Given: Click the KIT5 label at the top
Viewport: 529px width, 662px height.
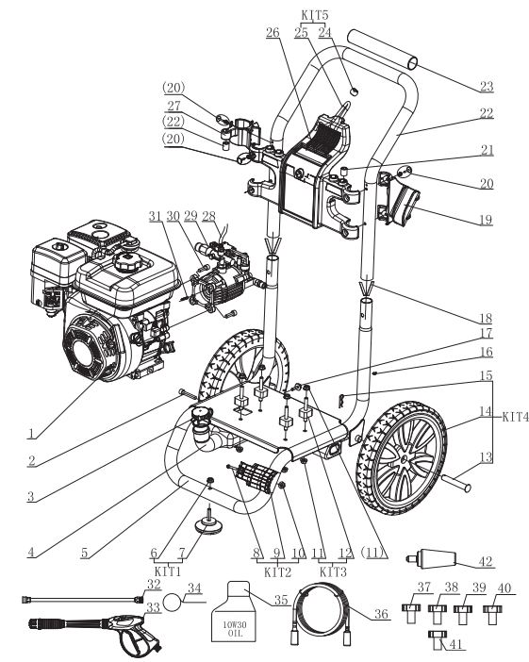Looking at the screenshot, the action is [315, 15].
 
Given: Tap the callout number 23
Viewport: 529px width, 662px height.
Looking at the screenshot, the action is [487, 86].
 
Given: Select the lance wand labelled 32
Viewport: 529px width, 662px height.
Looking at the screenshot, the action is [82, 599].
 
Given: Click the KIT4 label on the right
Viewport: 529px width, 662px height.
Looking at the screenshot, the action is [515, 418].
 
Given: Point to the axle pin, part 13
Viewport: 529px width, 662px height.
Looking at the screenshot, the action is [456, 482].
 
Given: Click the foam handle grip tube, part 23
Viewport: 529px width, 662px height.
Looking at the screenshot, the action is [383, 49].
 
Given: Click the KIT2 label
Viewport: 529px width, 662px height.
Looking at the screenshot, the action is [277, 572].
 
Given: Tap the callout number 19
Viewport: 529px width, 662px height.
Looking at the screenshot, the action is [486, 220].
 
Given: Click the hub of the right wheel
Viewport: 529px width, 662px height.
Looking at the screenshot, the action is [405, 459].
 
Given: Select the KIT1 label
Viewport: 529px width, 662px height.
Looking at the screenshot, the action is [168, 572].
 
